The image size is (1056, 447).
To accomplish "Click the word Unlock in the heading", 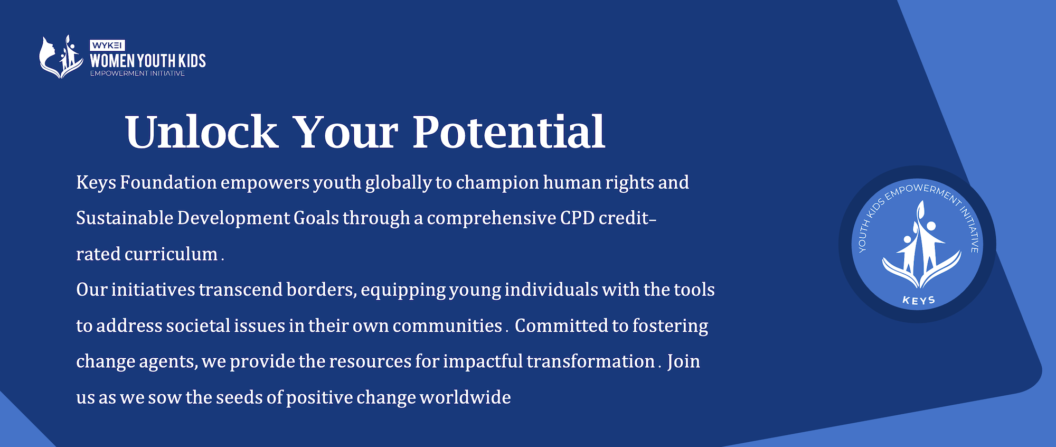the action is (201, 132).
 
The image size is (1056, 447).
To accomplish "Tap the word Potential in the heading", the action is (508, 132).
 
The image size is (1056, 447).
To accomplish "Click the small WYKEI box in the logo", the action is (107, 45).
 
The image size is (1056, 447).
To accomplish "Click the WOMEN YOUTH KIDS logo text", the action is (148, 61).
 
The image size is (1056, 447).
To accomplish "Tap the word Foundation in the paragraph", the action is (168, 182).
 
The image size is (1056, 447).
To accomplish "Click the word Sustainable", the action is (125, 218).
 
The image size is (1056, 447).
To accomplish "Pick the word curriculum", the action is (171, 254).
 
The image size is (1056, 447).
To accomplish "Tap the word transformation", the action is (591, 361).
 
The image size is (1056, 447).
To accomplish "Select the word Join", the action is (684, 361).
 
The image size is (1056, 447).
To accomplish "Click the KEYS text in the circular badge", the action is (919, 300).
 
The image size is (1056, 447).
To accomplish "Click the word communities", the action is (447, 325).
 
